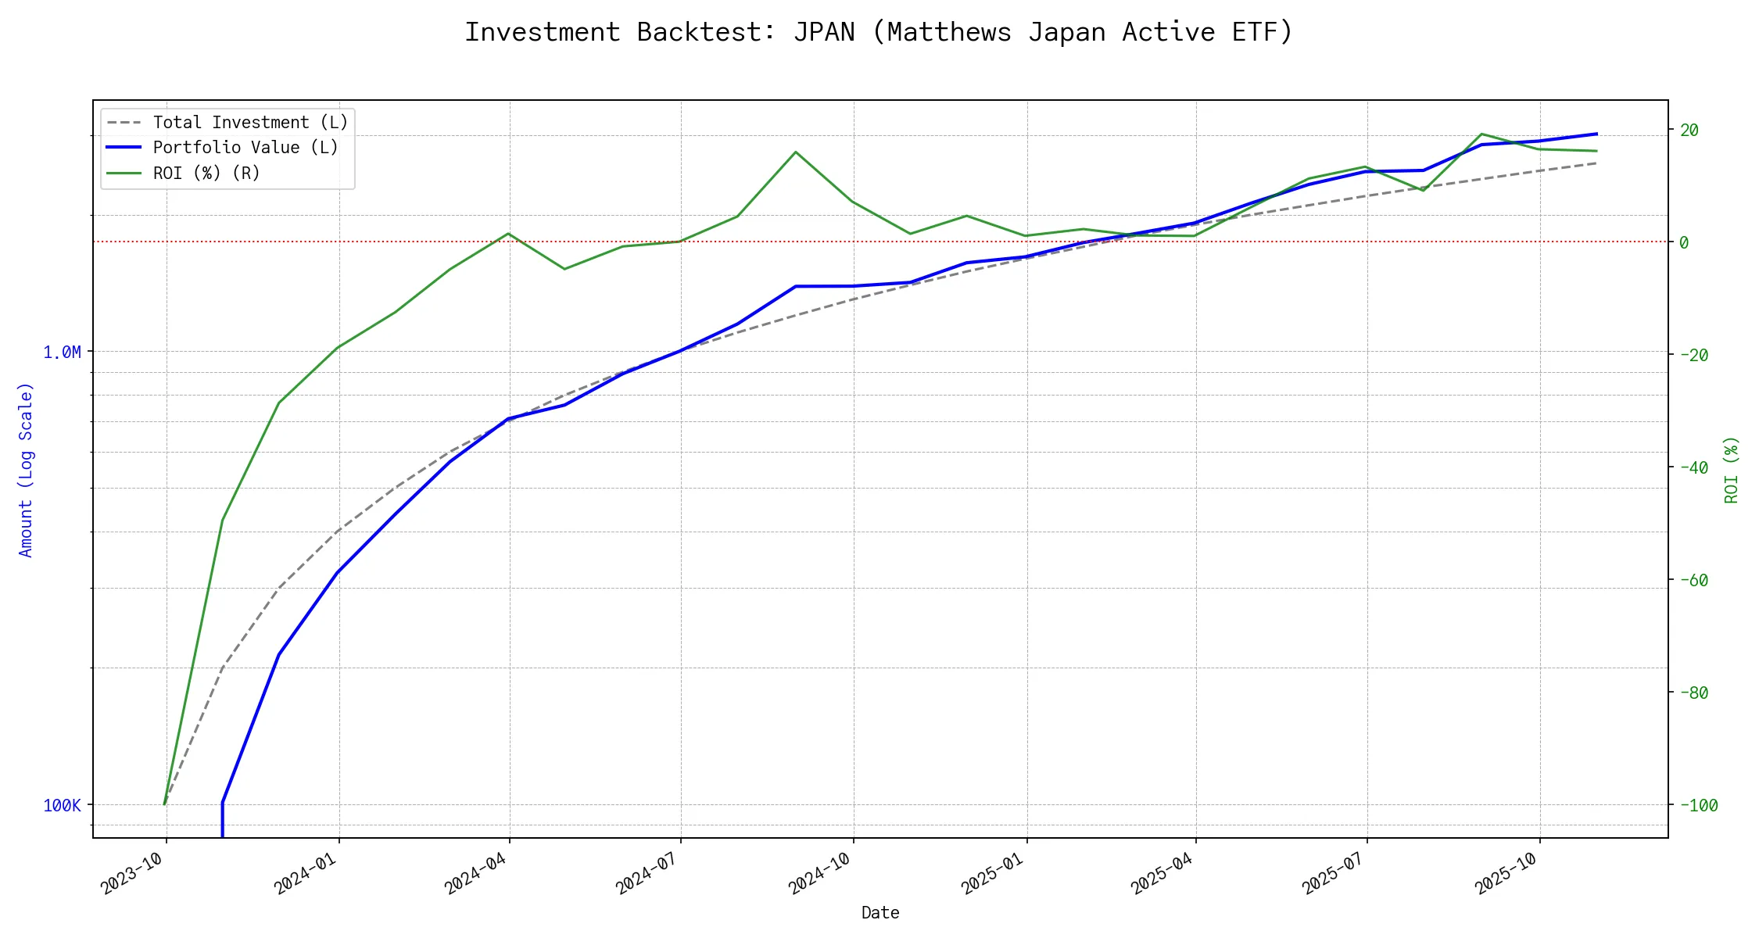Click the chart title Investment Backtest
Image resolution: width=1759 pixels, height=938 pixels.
tap(879, 32)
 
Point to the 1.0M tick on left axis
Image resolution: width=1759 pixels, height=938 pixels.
tap(62, 353)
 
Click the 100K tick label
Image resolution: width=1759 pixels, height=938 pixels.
tap(62, 805)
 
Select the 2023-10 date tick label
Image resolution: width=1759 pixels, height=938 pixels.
tap(133, 872)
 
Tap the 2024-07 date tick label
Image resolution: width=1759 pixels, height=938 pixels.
tap(647, 872)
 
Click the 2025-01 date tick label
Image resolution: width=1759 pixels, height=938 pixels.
tap(993, 872)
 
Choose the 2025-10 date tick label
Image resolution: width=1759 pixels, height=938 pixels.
tap(1506, 872)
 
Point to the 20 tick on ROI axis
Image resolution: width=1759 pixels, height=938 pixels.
tap(1689, 130)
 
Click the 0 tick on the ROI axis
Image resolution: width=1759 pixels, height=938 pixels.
tap(1684, 242)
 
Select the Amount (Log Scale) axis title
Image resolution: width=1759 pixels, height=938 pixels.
tap(26, 469)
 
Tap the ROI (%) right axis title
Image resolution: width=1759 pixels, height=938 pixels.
tap(1732, 469)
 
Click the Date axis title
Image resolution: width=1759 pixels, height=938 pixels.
tap(880, 912)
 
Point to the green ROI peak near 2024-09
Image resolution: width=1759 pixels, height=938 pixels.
tap(796, 152)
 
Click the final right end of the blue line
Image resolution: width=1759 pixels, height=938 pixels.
tap(1596, 134)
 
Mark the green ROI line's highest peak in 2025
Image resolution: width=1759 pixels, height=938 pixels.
tap(1481, 134)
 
